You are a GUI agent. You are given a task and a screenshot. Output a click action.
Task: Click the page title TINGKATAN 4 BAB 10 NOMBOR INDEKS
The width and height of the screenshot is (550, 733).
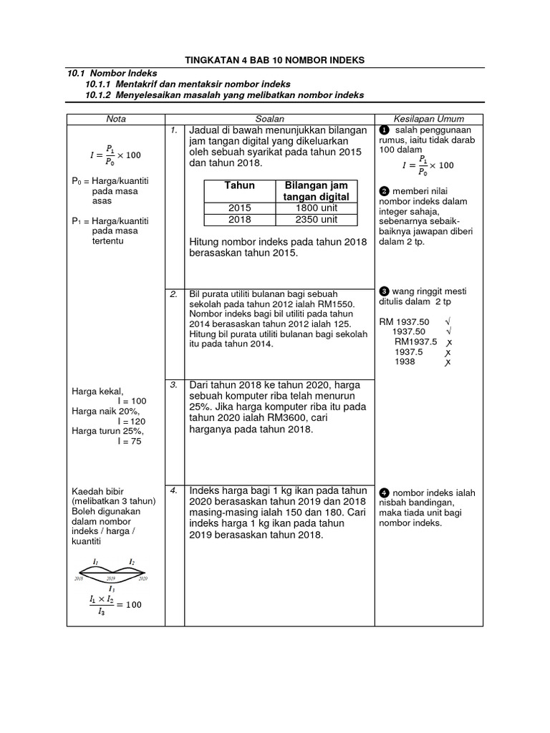click(275, 60)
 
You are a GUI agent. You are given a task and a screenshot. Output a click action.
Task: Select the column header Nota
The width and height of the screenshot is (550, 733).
click(115, 119)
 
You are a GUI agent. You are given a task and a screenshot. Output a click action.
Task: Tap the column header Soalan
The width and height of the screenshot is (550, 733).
click(269, 119)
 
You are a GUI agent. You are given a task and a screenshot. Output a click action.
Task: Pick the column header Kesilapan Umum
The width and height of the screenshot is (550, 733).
click(429, 119)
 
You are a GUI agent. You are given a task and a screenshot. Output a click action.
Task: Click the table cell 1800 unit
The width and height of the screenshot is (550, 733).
click(316, 208)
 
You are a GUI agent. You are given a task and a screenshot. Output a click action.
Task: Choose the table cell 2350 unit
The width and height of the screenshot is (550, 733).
click(316, 220)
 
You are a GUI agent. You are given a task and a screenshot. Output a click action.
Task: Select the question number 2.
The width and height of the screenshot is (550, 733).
click(173, 294)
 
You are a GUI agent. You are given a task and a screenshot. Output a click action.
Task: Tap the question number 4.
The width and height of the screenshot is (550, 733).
click(173, 491)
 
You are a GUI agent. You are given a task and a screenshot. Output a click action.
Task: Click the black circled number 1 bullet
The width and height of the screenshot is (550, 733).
click(384, 130)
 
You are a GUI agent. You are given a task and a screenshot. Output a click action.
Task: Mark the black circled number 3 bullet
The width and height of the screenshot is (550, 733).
click(384, 291)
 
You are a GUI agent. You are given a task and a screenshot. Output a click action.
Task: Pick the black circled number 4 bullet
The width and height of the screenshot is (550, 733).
click(384, 493)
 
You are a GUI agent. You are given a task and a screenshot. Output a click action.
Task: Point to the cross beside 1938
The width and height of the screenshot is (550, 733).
click(448, 362)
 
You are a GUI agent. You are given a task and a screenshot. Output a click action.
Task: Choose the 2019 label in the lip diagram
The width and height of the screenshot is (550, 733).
click(111, 578)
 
